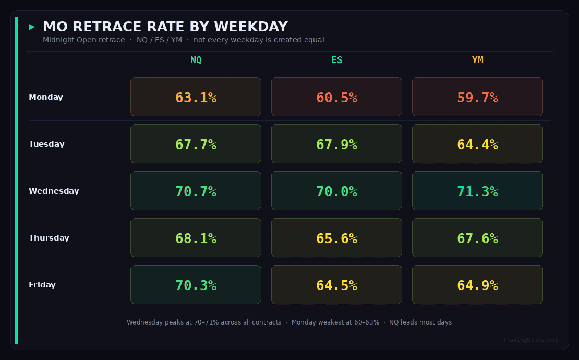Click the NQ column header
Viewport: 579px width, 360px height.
(x=196, y=60)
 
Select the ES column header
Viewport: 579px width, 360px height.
(x=336, y=60)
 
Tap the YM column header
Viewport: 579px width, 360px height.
(x=477, y=60)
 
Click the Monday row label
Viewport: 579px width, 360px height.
(x=46, y=97)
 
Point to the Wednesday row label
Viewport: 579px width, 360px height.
(x=54, y=191)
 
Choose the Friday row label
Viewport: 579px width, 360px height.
(x=42, y=285)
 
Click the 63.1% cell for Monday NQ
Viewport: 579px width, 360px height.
(x=196, y=97)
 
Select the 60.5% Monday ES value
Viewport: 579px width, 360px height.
(x=336, y=97)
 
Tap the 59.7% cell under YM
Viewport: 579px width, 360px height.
(x=477, y=97)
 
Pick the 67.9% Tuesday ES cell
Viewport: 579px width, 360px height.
(x=336, y=144)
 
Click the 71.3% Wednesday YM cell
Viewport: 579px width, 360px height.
(x=477, y=191)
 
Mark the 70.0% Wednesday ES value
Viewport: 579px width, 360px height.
(x=336, y=191)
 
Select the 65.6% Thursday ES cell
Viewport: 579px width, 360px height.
(x=336, y=238)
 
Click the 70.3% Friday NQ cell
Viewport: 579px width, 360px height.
(x=196, y=285)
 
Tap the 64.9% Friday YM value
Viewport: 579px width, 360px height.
(x=477, y=285)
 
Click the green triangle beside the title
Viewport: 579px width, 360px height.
(x=32, y=27)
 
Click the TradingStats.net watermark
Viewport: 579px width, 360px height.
(x=530, y=340)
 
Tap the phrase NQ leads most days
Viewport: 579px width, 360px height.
(x=420, y=322)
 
